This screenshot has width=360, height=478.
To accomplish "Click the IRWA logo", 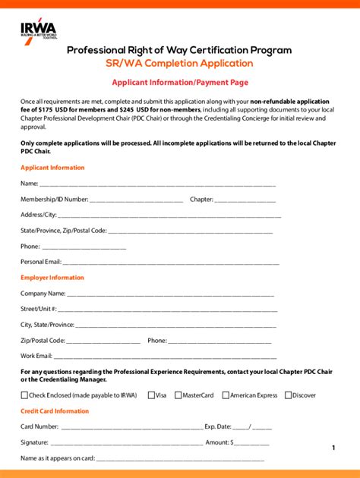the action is click(39, 30).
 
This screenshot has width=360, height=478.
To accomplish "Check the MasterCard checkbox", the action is click(178, 395).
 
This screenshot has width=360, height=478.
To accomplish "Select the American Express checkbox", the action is click(225, 395).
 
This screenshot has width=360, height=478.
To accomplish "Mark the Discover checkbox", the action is click(288, 395).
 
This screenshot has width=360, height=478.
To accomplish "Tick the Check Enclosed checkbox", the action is click(24, 395).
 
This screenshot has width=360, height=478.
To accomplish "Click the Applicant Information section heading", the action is click(52, 168).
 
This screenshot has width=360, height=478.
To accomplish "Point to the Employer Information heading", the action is click(52, 278).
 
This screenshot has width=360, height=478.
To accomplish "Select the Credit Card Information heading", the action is click(55, 411).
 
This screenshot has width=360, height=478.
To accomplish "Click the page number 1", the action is click(333, 448).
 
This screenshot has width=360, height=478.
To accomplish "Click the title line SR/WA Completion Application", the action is click(179, 63).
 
